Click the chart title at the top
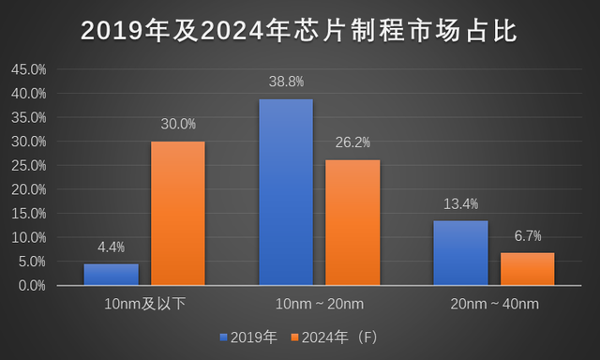pos(299,30)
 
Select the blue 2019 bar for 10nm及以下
pos(111,274)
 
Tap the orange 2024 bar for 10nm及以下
pos(177,213)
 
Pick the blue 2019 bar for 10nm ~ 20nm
pos(286,191)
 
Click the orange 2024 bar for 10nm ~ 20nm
pos(352,222)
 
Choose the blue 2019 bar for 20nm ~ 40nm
pos(460,252)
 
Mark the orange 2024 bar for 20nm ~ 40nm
pos(527,268)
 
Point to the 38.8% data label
pos(286,82)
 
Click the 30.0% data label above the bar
pos(177,124)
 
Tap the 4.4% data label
pos(111,247)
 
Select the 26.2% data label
pos(352,142)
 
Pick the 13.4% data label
pos(460,203)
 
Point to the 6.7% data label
pos(527,235)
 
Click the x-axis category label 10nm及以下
pos(143,305)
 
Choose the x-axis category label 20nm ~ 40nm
pos(493,305)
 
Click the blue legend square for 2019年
pos(223,336)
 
